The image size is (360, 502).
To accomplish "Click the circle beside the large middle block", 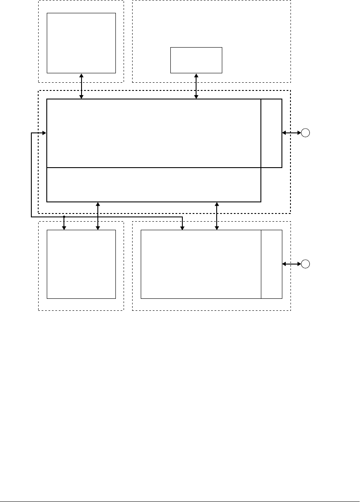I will pos(305,133).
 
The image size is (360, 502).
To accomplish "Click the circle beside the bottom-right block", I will pos(305,264).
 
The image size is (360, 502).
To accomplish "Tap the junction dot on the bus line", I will pos(64,217).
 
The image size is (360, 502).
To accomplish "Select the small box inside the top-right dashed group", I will pos(196,60).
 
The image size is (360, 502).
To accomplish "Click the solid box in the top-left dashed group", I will pos(81,43).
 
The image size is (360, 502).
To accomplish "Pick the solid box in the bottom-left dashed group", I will pos(81,264).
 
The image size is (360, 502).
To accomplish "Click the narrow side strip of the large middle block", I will pos(271,133).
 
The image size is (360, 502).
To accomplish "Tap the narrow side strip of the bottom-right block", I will pos(271,264).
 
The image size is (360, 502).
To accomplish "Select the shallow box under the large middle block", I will pos(154,184).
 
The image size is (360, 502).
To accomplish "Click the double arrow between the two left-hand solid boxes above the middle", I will pos(81,86).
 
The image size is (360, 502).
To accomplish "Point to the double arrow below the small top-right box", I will pos(196,86).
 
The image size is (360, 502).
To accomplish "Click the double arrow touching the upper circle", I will pos(291,133).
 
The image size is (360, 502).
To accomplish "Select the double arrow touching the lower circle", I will pos(291,264).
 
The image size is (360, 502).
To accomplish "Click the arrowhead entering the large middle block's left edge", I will pos(44,133).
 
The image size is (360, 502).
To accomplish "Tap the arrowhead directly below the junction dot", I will pos(64,228).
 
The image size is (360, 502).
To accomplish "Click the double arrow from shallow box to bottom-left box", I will pos(98,216).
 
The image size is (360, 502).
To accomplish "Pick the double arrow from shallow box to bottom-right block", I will pos(216,216).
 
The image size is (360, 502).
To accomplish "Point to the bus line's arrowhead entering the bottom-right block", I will pos(182,228).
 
